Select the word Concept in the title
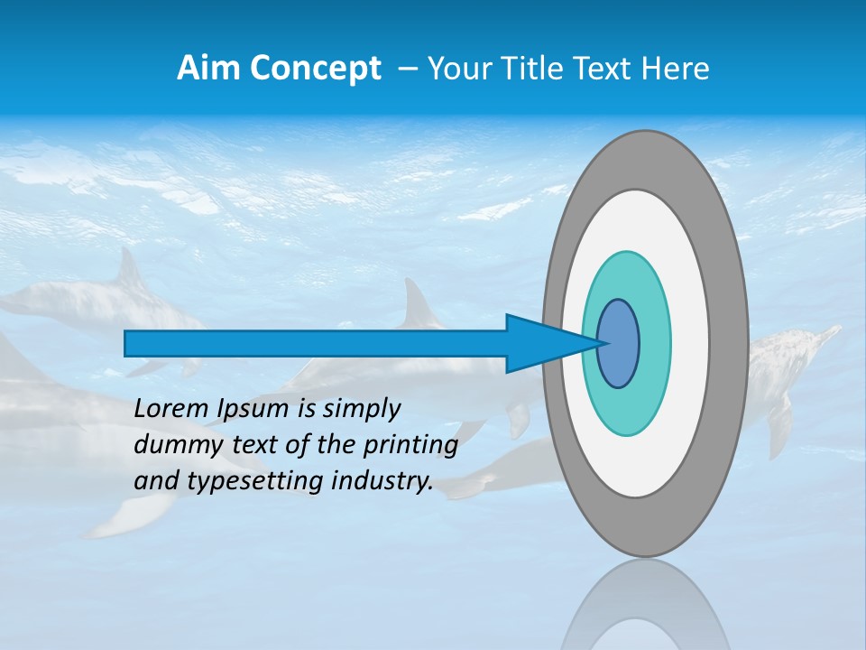point(316,69)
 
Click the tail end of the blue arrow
point(127,344)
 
